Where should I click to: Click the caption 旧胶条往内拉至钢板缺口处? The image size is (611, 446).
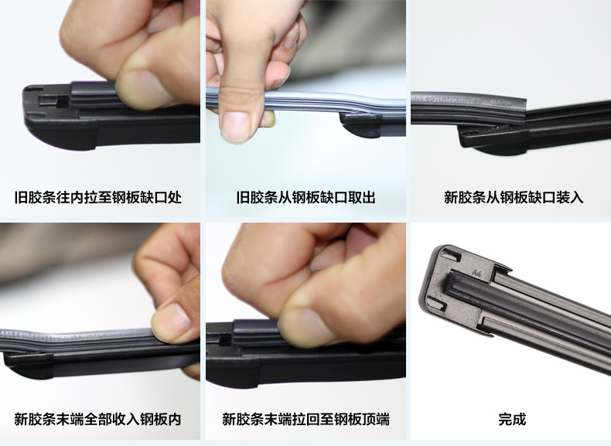pyautogui.click(x=98, y=197)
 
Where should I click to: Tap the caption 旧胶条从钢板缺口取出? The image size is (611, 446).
pyautogui.click(x=306, y=197)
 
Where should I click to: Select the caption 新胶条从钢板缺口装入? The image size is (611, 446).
pyautogui.click(x=514, y=197)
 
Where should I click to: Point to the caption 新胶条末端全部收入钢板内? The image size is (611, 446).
pyautogui.click(x=97, y=420)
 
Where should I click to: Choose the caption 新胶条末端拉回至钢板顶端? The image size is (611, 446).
pyautogui.click(x=306, y=420)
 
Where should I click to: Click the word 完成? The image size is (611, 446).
pyautogui.click(x=512, y=420)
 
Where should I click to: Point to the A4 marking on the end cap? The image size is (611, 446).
pyautogui.click(x=476, y=273)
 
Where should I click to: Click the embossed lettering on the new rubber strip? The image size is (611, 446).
pyautogui.click(x=468, y=100)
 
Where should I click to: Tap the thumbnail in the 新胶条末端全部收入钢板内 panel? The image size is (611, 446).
pyautogui.click(x=172, y=322)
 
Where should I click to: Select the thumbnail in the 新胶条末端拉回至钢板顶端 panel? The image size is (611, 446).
pyautogui.click(x=308, y=326)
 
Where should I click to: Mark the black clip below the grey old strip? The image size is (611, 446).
pyautogui.click(x=360, y=124)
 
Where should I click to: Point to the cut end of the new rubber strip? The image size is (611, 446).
pyautogui.click(x=522, y=111)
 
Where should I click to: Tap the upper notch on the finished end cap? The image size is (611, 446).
pyautogui.click(x=452, y=254)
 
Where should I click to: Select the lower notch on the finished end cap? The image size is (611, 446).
pyautogui.click(x=436, y=303)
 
